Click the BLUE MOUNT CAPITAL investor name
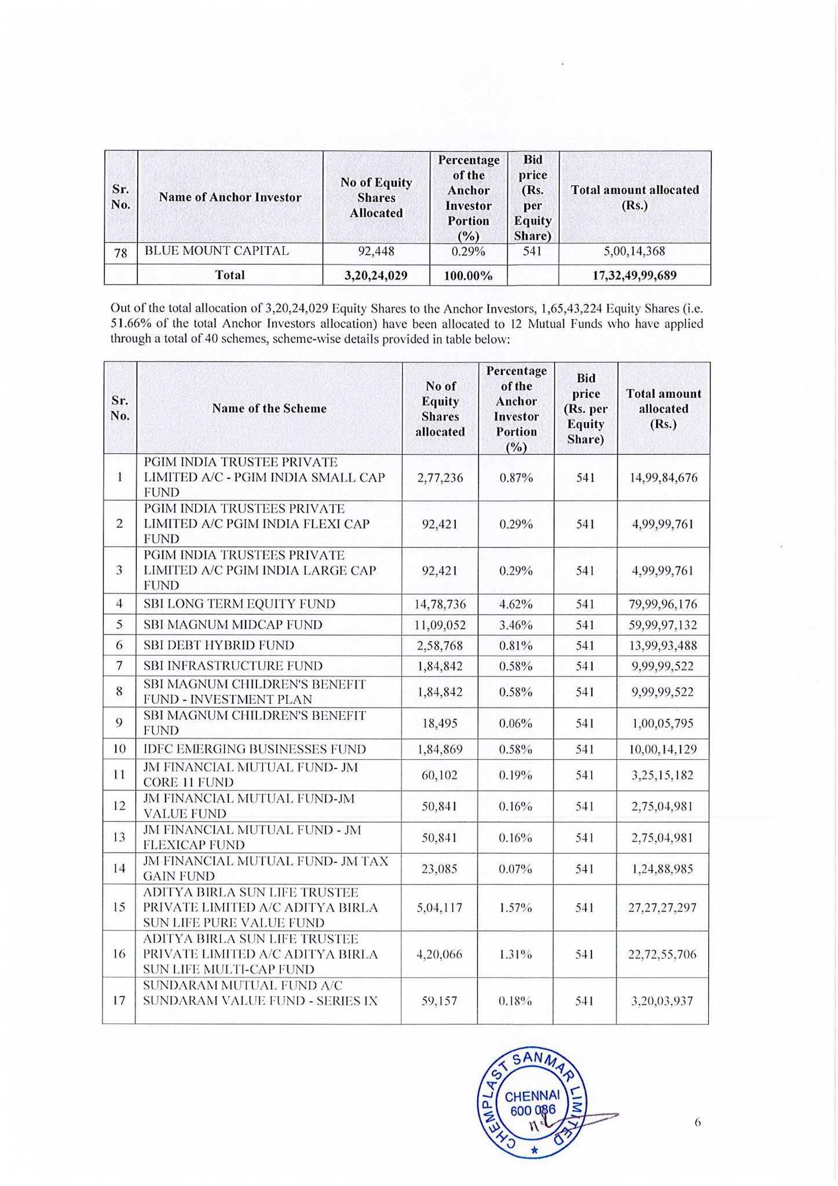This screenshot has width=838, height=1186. pyautogui.click(x=217, y=251)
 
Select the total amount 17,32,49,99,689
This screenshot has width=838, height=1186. pyautogui.click(x=634, y=276)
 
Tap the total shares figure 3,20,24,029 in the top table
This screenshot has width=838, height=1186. pyautogui.click(x=376, y=276)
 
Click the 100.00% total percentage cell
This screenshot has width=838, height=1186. pyautogui.click(x=468, y=276)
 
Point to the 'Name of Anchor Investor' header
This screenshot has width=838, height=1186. pyautogui.click(x=230, y=197)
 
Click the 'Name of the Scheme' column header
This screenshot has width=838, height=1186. pyautogui.click(x=269, y=409)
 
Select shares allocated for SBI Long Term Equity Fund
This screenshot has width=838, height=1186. pyautogui.click(x=440, y=605)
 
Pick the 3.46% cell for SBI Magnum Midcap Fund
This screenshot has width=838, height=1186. pyautogui.click(x=515, y=625)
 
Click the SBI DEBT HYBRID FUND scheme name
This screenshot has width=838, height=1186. pyautogui.click(x=219, y=646)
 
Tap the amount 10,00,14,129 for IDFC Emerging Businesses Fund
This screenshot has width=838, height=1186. pyautogui.click(x=663, y=749)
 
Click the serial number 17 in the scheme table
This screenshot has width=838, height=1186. pyautogui.click(x=119, y=1001)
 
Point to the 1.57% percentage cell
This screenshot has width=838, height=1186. pyautogui.click(x=515, y=908)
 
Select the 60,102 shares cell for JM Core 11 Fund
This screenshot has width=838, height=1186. pyautogui.click(x=440, y=775)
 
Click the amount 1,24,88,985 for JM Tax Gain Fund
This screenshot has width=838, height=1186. pyautogui.click(x=663, y=869)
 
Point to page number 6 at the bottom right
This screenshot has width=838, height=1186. pyautogui.click(x=697, y=1122)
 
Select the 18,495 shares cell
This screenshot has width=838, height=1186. pyautogui.click(x=440, y=724)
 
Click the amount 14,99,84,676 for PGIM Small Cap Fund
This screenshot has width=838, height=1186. pyautogui.click(x=663, y=478)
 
